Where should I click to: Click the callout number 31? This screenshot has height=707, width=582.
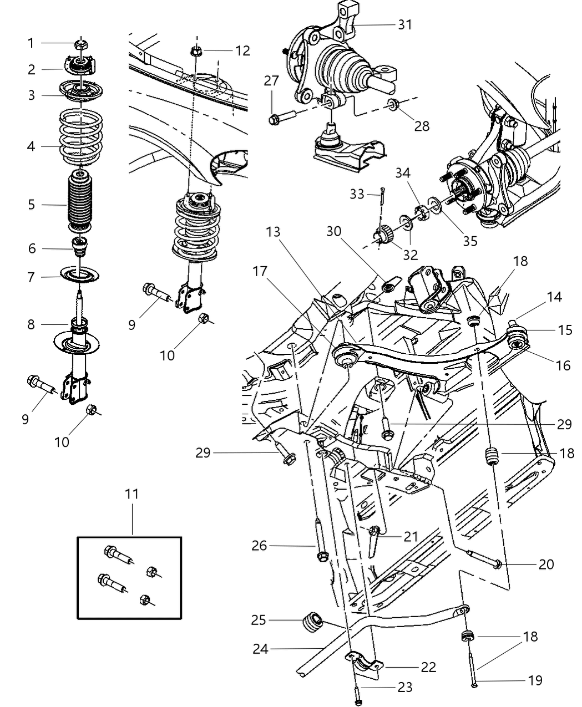click(x=405, y=24)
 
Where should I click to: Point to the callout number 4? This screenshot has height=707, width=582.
click(x=31, y=147)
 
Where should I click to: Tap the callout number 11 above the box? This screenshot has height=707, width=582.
click(x=131, y=494)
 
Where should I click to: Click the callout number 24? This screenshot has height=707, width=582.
click(x=261, y=648)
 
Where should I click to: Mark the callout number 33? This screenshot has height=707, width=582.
click(x=357, y=194)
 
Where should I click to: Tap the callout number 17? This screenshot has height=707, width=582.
click(x=261, y=272)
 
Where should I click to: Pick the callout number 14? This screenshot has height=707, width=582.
click(x=554, y=297)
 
